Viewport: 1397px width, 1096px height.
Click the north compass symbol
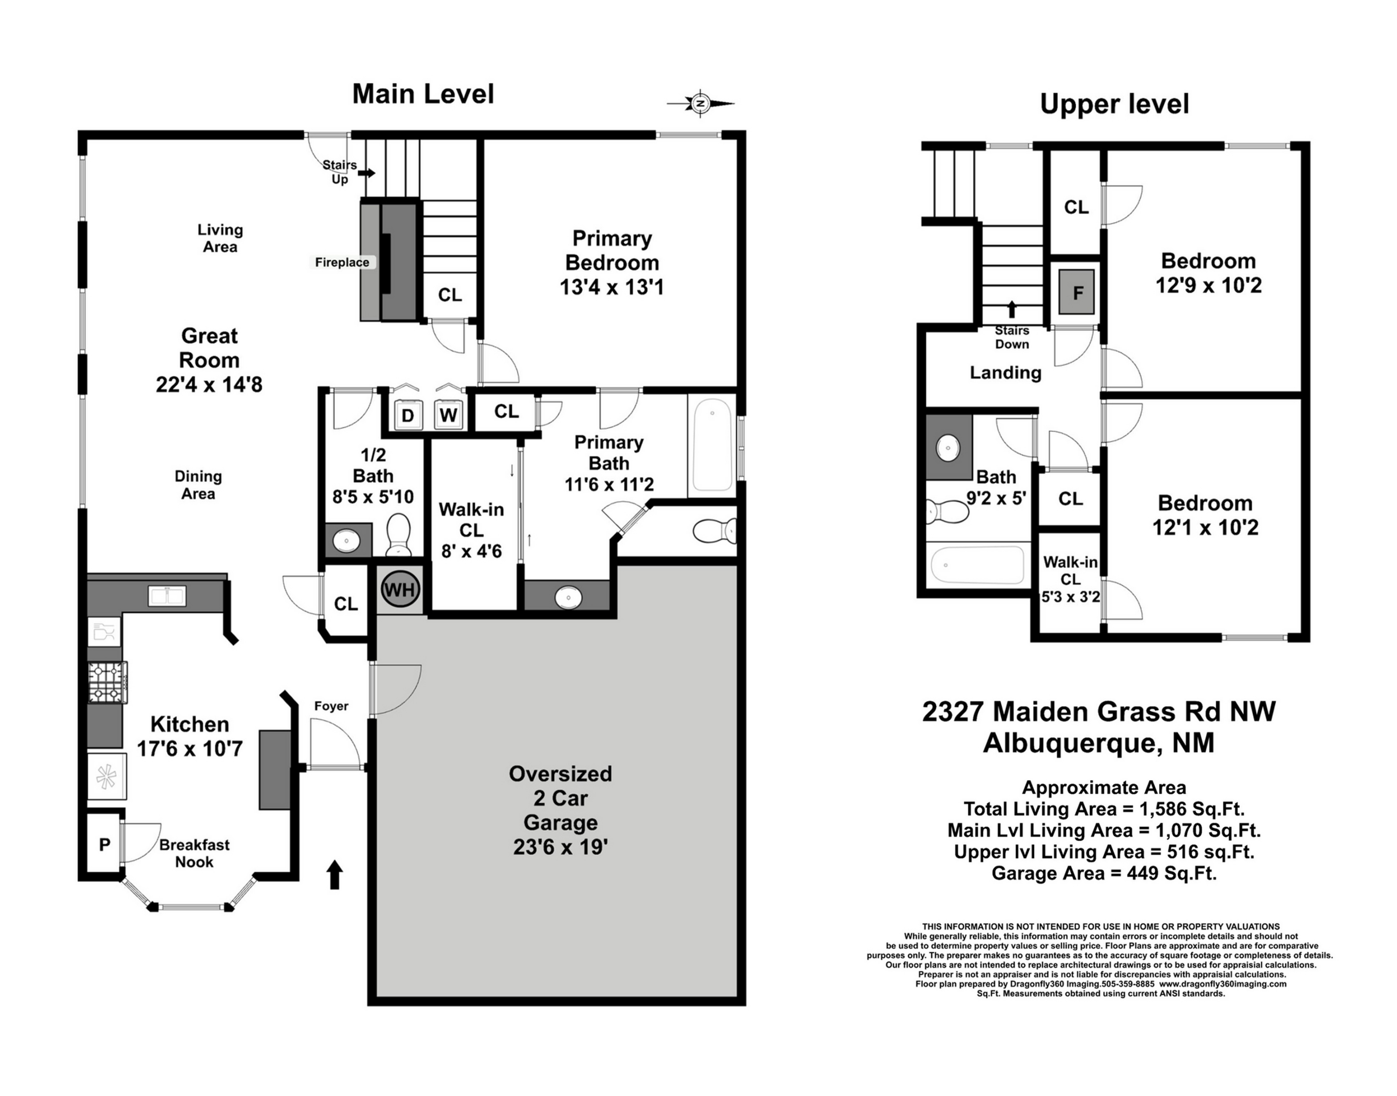point(700,103)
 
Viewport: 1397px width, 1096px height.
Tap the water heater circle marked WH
point(400,589)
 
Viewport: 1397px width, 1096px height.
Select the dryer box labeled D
point(407,415)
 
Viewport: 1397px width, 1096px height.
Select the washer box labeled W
point(448,415)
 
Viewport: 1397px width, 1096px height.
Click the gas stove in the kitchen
point(107,682)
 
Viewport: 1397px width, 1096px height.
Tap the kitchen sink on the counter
point(167,596)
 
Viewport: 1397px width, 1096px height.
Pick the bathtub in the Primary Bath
point(712,445)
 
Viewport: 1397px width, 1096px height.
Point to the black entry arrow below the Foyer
point(334,874)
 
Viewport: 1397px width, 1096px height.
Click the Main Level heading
point(423,94)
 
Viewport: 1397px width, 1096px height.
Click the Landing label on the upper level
point(1005,373)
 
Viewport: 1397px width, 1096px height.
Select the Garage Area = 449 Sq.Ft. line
point(1104,874)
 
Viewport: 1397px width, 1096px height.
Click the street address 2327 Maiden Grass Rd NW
point(1099,712)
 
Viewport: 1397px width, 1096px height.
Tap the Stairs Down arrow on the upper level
point(1012,309)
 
